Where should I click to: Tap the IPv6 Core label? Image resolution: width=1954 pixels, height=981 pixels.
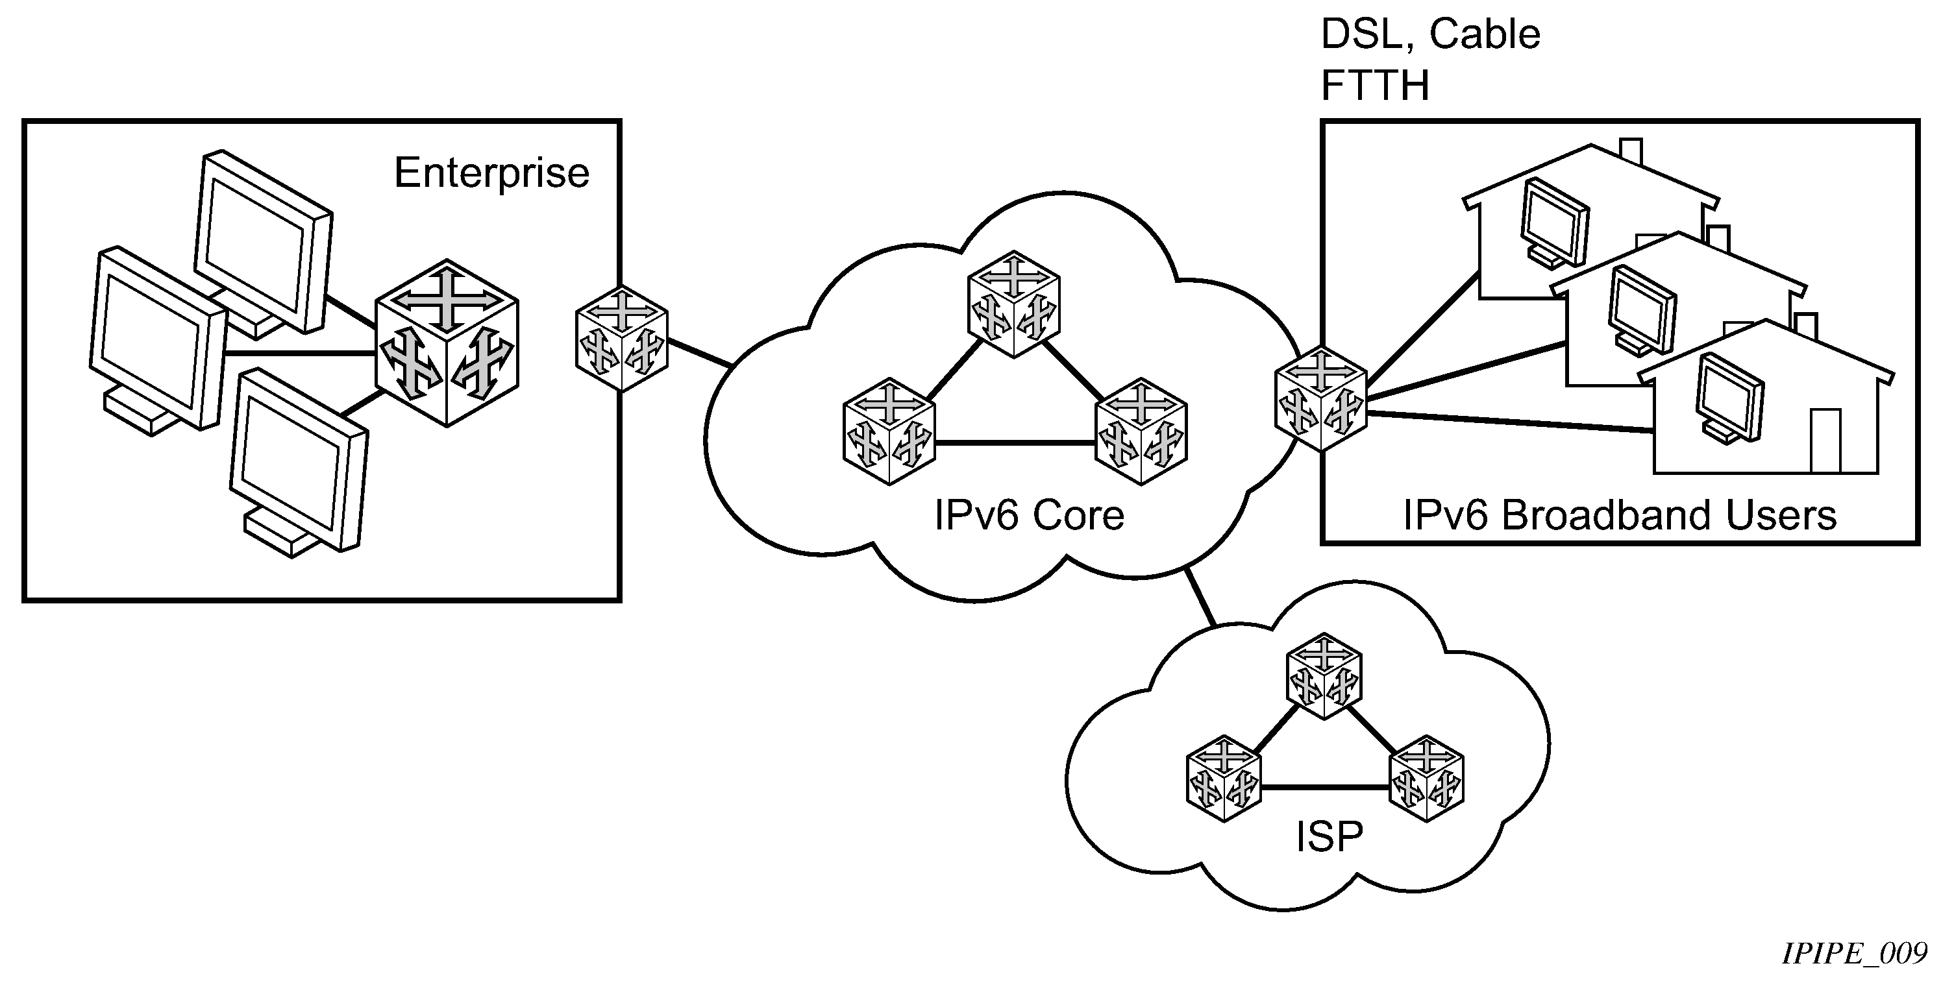click(x=1028, y=516)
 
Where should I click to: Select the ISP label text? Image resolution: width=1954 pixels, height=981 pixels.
click(x=1329, y=837)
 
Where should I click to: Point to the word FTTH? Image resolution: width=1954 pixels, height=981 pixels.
click(x=1374, y=85)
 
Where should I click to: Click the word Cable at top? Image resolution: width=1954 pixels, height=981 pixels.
click(x=1485, y=34)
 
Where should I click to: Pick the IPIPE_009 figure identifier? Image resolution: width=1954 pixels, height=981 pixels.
click(x=1854, y=954)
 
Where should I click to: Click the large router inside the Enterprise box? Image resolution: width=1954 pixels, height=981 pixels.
click(x=447, y=343)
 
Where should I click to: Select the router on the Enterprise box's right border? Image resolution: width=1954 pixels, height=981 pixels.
click(x=621, y=339)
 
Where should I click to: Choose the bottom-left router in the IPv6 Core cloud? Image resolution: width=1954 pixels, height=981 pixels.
click(x=888, y=431)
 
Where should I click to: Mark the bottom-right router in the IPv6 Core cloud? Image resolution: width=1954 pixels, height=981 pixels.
click(x=1141, y=431)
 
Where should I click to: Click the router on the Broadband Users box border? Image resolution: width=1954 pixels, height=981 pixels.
click(x=1320, y=400)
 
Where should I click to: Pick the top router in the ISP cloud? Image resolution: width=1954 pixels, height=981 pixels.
click(x=1324, y=676)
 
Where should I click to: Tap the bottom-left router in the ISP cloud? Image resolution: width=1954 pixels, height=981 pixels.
click(x=1223, y=779)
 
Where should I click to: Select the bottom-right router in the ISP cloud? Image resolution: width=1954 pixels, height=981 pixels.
click(x=1426, y=779)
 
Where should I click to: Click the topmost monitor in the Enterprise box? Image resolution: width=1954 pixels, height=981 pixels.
click(x=262, y=243)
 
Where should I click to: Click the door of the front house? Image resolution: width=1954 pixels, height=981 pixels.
click(x=1825, y=441)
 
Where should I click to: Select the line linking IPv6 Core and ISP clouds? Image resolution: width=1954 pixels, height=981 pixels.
click(x=1200, y=597)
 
